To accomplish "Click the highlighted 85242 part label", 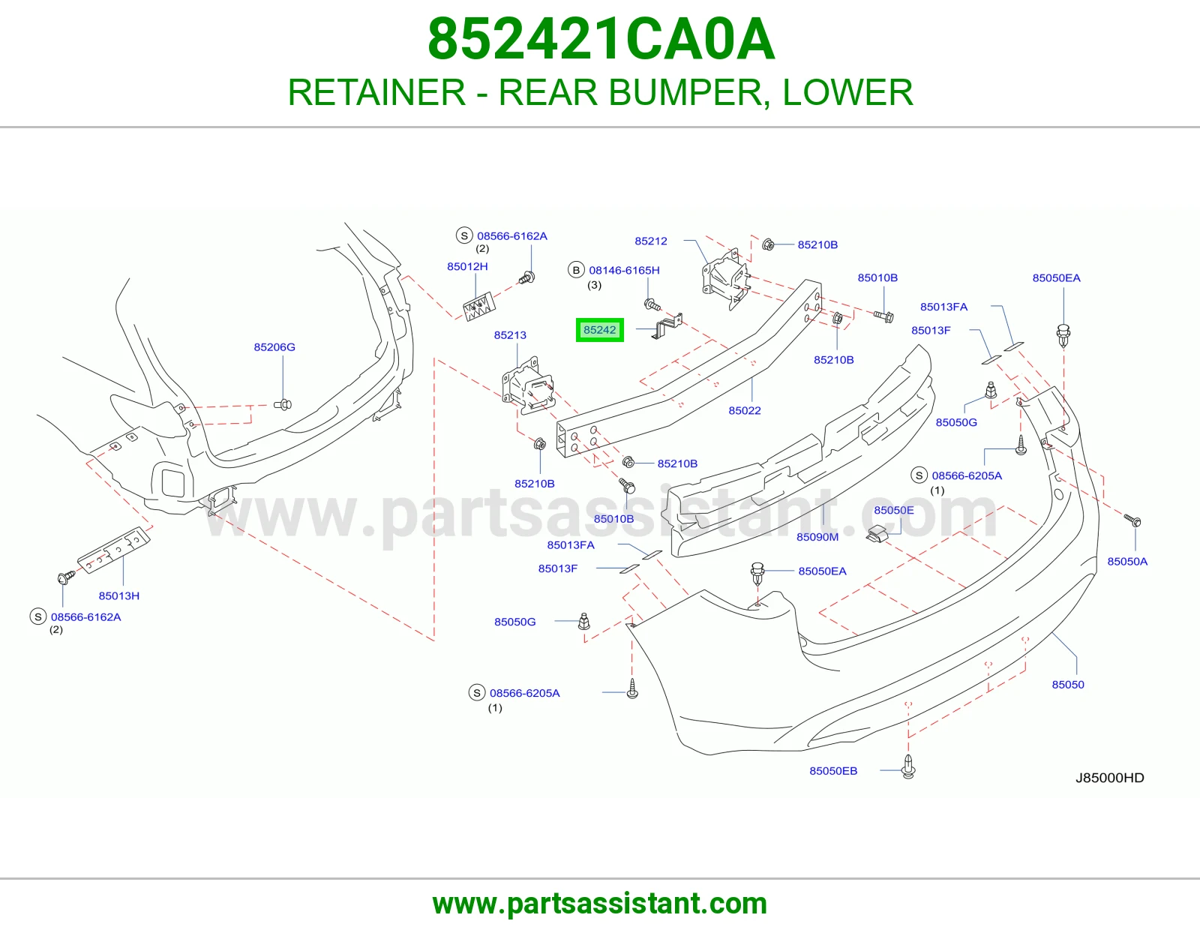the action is (600, 330).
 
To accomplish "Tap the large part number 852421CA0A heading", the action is (601, 39).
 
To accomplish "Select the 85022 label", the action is (745, 410).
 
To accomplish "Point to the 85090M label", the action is (817, 537).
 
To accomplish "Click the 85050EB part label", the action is (833, 770).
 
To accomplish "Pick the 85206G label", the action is (274, 346).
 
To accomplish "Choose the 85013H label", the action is (118, 596).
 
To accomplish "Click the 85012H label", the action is (467, 266).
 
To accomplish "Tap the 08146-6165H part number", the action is (624, 270).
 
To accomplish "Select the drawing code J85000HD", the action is (1110, 778).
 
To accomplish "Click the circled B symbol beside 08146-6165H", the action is (576, 270).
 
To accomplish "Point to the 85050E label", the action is (893, 510).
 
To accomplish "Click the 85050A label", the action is (1127, 562).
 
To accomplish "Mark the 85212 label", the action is (651, 241).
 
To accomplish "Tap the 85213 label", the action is (510, 335).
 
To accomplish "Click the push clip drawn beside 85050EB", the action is (908, 766).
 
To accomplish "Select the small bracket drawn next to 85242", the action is (667, 325).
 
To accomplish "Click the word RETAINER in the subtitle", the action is (376, 92).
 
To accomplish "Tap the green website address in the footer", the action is (600, 904).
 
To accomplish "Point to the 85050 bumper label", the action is (1067, 685).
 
